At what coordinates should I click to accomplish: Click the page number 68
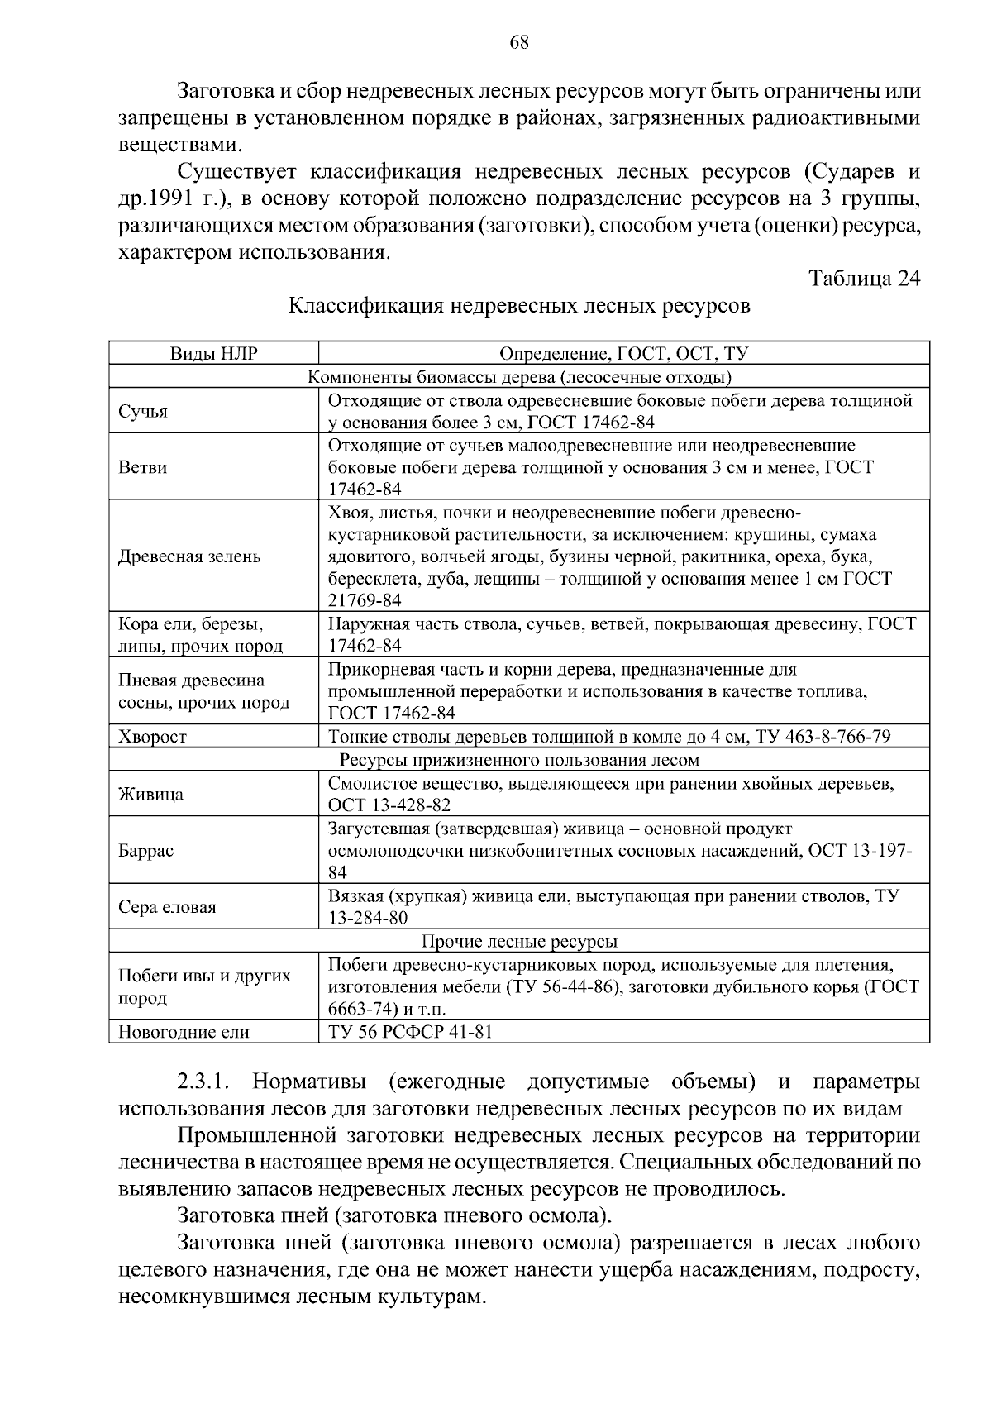518,43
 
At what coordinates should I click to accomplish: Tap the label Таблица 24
864,278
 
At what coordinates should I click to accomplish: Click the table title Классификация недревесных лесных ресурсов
519,306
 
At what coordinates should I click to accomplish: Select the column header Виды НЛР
214,354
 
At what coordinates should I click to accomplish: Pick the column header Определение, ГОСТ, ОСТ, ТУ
623,354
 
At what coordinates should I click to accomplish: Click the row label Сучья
143,412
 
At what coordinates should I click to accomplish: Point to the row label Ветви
143,467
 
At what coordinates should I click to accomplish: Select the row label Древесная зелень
189,556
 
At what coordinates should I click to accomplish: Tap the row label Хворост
153,737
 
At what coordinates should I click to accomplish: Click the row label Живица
151,795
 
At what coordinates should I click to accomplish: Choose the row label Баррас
146,851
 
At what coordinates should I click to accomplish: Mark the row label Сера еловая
167,907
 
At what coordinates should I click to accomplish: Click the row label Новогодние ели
184,1032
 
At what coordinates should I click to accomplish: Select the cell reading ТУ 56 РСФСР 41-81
411,1032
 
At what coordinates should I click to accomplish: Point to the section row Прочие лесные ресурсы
519,942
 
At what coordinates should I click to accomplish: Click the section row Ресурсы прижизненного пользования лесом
519,760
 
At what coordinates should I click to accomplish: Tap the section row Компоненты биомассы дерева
519,378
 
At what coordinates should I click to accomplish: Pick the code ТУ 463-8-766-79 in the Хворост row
823,737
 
